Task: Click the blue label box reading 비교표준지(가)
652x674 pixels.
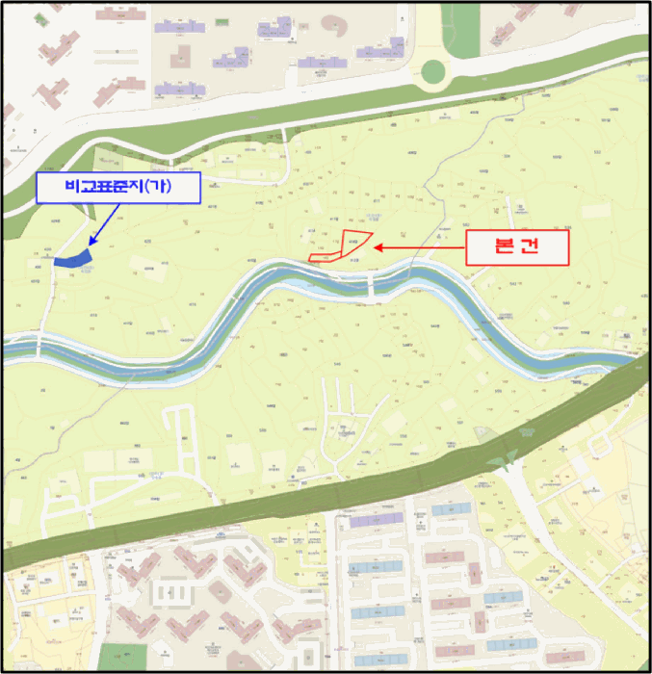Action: (x=117, y=187)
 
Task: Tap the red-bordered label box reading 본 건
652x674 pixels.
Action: (x=518, y=246)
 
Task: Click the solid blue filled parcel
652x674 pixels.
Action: (x=71, y=257)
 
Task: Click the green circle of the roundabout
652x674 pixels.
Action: (x=433, y=70)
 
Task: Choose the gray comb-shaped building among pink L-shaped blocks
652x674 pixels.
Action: (x=173, y=592)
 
